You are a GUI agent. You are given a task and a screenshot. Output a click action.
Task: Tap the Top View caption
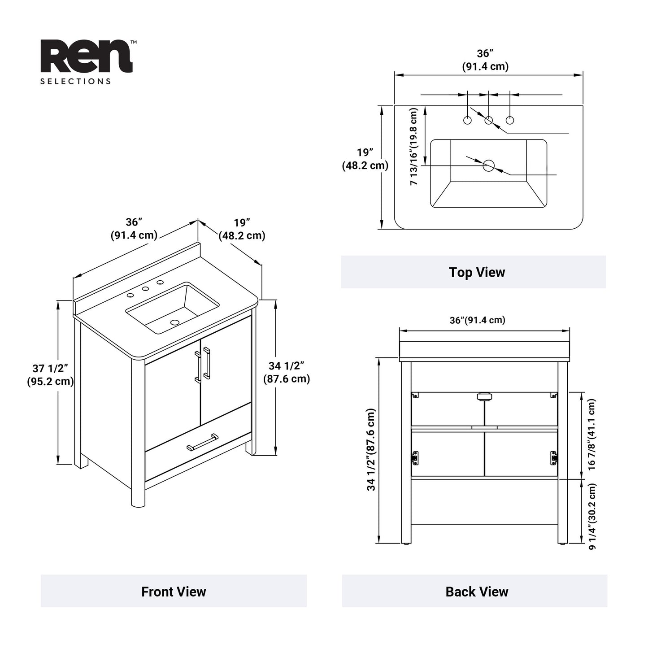click(477, 272)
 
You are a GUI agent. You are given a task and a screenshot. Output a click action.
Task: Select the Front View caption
click(174, 591)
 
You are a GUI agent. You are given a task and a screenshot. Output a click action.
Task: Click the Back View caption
click(477, 591)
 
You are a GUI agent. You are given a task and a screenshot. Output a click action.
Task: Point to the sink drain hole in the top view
click(488, 165)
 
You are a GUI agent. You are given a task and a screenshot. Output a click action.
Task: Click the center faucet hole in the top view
click(489, 120)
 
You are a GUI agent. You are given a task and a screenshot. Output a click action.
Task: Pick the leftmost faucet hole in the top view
click(467, 120)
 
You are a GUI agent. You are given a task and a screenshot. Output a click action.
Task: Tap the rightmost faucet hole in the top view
click(510, 120)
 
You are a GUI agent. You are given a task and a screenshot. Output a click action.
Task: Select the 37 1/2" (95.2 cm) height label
click(50, 375)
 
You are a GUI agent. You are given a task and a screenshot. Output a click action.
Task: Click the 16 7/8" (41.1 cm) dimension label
click(592, 434)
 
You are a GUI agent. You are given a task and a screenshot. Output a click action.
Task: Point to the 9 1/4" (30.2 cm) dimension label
click(592, 516)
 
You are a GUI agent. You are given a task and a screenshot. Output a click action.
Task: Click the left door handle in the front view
click(197, 367)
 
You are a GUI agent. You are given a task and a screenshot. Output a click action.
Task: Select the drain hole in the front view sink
click(175, 322)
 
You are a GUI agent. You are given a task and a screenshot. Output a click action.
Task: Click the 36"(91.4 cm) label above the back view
click(477, 320)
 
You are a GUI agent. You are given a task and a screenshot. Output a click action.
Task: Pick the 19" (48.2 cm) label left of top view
click(365, 159)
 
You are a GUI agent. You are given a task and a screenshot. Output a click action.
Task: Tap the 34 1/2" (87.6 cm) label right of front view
click(287, 372)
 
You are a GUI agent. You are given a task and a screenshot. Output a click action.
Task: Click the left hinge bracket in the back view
click(415, 457)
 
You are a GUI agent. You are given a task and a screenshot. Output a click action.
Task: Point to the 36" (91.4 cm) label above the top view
click(485, 60)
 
